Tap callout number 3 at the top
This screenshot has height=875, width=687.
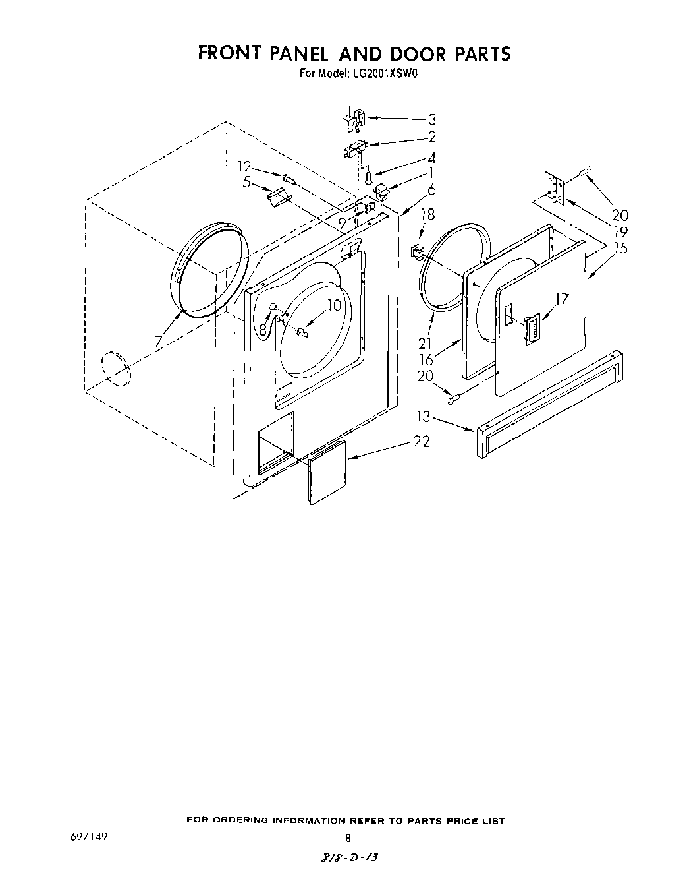click(x=432, y=119)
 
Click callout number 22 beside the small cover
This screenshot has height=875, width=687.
click(x=422, y=442)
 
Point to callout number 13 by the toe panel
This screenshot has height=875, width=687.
click(x=423, y=416)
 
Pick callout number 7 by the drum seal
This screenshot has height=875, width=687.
click(x=158, y=341)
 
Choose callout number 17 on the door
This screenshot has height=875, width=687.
click(x=562, y=299)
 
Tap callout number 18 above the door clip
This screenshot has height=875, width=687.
click(x=428, y=214)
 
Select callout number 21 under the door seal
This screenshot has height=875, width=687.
click(x=426, y=343)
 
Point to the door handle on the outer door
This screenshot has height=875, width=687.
click(x=530, y=328)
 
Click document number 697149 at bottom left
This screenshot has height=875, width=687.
click(x=87, y=837)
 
